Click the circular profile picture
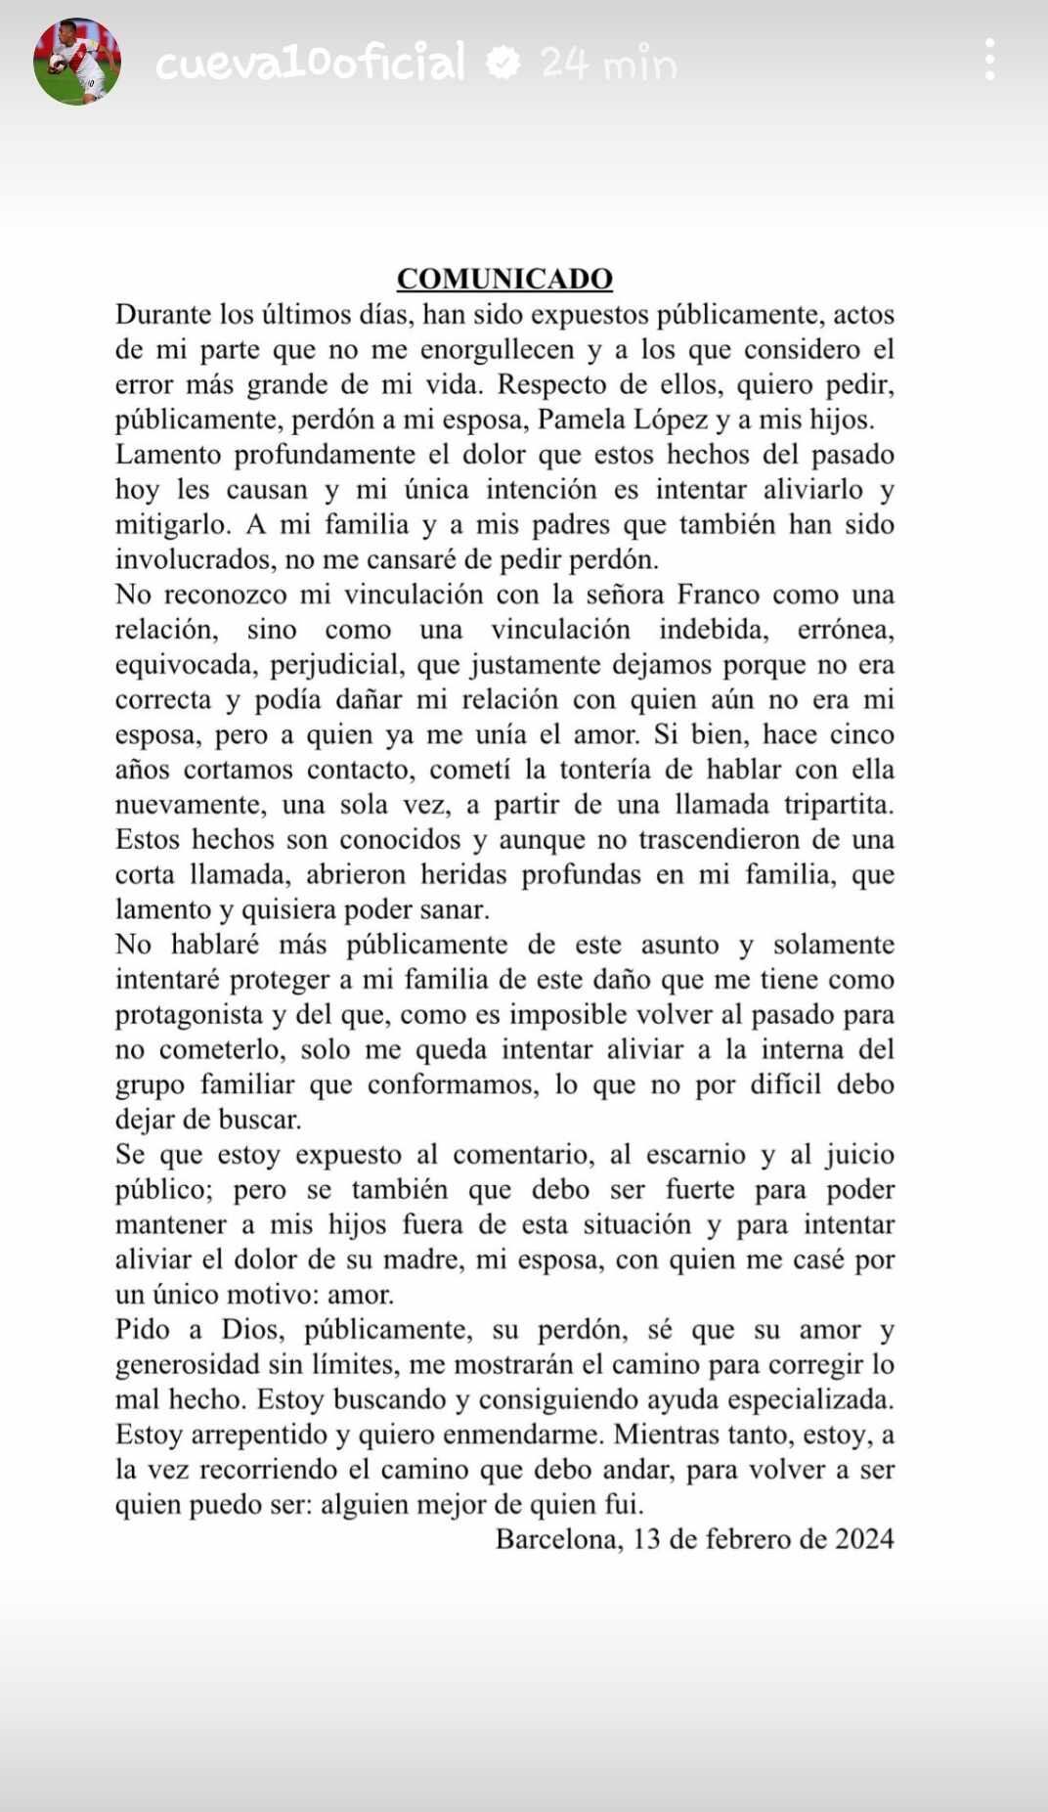point(77,62)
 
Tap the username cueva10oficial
point(311,64)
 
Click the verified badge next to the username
point(503,64)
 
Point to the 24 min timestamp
point(608,65)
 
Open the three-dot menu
point(990,61)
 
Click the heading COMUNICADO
point(504,279)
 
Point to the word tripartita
point(839,805)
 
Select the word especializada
point(809,1399)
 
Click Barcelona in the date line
point(557,1539)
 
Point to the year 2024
point(864,1539)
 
